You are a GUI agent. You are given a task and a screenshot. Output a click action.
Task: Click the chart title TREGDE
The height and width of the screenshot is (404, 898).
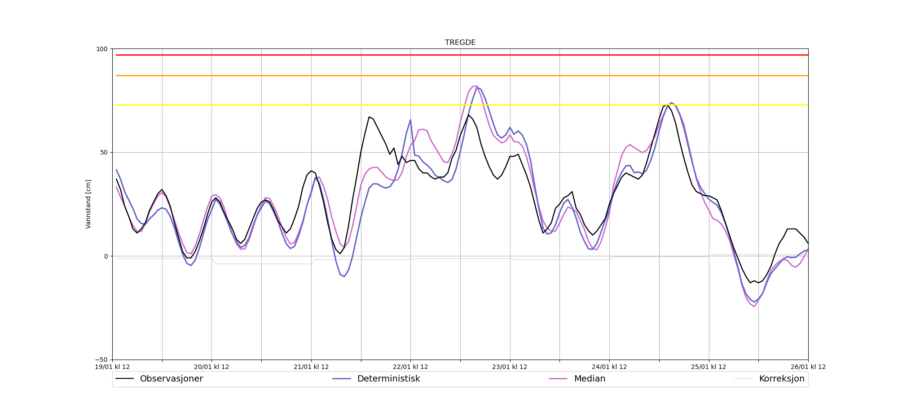[x=460, y=43]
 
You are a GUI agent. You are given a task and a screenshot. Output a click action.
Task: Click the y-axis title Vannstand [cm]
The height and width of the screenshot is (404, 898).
[x=88, y=204]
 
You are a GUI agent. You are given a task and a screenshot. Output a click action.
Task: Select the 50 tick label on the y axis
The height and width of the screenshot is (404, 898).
[x=104, y=153]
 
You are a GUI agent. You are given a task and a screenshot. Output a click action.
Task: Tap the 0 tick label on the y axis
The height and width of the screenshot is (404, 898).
[x=106, y=256]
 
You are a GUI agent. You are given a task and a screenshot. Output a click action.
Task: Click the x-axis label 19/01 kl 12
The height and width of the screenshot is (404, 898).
[x=112, y=367]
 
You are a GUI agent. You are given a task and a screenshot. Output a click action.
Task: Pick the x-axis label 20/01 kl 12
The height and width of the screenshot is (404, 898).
[x=211, y=367]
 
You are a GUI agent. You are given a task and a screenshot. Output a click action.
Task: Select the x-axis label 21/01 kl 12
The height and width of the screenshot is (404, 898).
[x=311, y=367]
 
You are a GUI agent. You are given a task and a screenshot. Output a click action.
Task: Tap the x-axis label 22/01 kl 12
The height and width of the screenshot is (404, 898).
[x=410, y=367]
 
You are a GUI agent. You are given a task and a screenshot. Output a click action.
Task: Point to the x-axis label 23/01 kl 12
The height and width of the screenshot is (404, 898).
[x=510, y=367]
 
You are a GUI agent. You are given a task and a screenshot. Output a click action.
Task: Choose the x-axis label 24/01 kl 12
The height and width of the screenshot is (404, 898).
[x=609, y=367]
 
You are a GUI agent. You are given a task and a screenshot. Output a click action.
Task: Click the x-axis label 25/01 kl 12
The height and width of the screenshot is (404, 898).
[x=709, y=367]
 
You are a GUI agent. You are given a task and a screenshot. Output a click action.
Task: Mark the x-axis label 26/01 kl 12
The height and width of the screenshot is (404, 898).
[x=808, y=367]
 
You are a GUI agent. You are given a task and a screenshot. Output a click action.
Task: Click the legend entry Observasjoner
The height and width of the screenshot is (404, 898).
[x=171, y=379]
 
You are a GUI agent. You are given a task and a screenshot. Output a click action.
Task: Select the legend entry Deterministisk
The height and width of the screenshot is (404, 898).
[x=388, y=379]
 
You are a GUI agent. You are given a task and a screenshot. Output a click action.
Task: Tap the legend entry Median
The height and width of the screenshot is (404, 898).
[x=590, y=379]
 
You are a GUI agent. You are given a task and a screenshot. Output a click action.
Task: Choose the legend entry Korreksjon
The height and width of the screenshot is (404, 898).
[x=781, y=379]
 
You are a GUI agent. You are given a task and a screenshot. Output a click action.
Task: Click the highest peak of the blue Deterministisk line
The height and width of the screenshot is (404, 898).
[x=477, y=87]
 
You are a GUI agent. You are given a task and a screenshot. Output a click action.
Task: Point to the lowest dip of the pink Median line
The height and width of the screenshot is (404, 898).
[x=754, y=307]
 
